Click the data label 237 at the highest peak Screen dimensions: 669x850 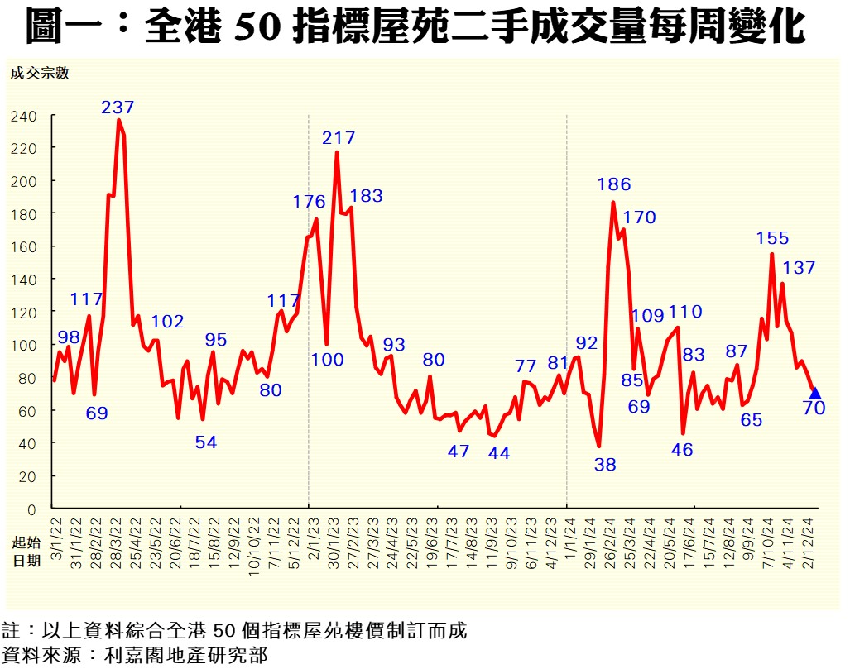pos(118,108)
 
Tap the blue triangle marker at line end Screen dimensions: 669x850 pos(814,393)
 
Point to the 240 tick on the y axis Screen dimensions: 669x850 pos(24,117)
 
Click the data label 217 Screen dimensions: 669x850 pos(339,138)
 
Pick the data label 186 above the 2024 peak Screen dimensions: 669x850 pos(614,184)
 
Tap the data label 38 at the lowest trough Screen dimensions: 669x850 pos(605,465)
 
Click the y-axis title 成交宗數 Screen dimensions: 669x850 pos(39,72)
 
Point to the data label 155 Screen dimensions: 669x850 pos(772,238)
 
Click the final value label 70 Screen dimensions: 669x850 pos(814,408)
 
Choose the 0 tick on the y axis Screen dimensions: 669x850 pos(32,509)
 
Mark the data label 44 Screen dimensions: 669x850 pos(498,453)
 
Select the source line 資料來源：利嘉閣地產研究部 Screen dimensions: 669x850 pos(135,656)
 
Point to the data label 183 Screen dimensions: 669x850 pos(366,196)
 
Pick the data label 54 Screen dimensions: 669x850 pos(205,442)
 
